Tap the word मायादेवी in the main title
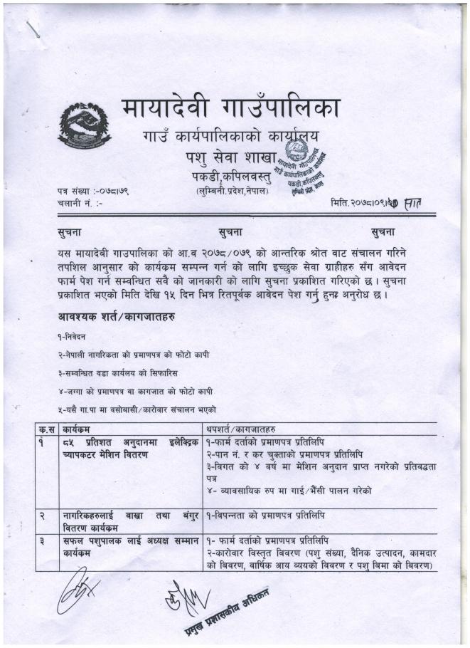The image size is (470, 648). (x=169, y=108)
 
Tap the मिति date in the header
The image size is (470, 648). (x=370, y=204)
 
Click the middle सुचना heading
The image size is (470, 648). (x=235, y=231)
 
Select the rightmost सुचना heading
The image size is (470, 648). (x=383, y=231)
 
